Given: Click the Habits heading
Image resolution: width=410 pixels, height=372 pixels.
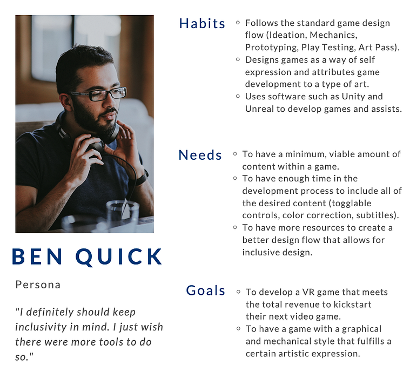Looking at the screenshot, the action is point(202,24).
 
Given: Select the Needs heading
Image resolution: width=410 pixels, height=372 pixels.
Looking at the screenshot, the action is point(200,155).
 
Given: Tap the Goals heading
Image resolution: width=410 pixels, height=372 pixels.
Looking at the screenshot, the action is point(205,290).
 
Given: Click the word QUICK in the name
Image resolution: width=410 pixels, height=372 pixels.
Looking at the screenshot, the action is point(119,257).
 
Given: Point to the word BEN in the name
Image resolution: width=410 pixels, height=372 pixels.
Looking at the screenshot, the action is point(37,256).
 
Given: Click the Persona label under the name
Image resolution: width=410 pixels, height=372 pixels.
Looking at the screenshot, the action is point(38,285).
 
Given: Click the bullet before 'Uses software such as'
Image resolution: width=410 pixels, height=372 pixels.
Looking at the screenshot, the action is point(238,96).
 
